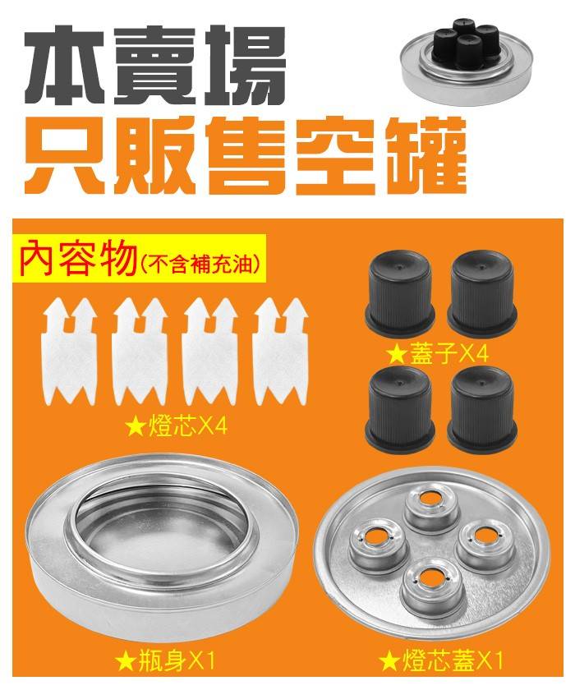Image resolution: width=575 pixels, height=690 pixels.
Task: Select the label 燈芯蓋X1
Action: (x=439, y=660)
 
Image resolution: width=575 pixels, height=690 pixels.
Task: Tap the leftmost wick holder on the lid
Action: (x=375, y=547)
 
